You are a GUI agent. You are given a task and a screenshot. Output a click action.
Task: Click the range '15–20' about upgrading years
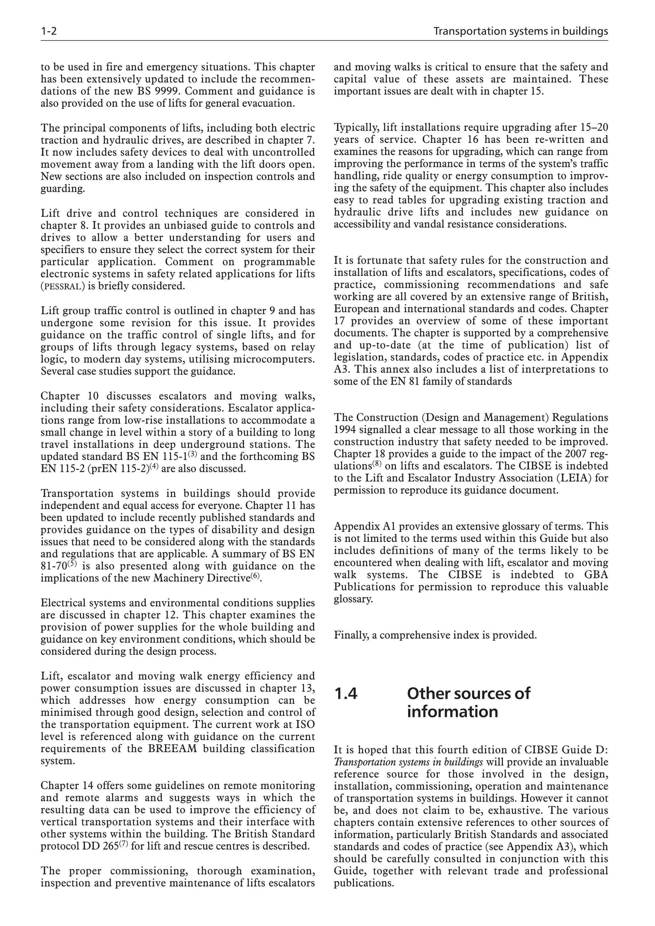pyautogui.click(x=594, y=128)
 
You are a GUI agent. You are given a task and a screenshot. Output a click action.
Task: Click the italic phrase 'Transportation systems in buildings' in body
pyautogui.click(x=408, y=762)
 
